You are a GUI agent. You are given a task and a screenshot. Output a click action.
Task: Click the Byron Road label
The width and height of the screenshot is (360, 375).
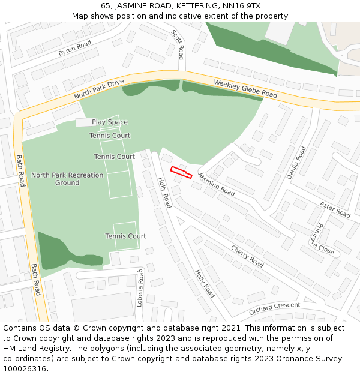[74, 49]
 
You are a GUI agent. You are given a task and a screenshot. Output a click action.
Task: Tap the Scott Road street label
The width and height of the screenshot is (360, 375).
[178, 44]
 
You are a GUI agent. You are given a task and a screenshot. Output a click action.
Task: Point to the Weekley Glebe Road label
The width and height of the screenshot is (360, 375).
[245, 90]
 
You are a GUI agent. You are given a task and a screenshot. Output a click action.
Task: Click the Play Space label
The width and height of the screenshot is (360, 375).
[110, 122]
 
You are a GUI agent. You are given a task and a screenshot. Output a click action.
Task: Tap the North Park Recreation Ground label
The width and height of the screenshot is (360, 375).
[67, 179]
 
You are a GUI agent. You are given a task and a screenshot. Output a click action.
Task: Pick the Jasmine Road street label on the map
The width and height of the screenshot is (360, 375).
[217, 184]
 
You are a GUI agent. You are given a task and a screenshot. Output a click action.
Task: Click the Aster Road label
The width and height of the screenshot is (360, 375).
[335, 209]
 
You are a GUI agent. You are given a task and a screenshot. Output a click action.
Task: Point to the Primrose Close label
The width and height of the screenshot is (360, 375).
[322, 239]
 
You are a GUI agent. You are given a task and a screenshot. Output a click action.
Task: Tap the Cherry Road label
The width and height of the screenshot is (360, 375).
[247, 257]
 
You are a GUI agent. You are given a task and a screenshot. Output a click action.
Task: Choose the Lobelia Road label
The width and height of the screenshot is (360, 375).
[140, 289]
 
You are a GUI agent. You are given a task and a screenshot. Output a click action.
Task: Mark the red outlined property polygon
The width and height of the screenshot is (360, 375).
[181, 172]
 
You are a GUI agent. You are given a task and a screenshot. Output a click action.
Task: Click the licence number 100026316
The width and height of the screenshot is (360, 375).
[25, 369]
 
